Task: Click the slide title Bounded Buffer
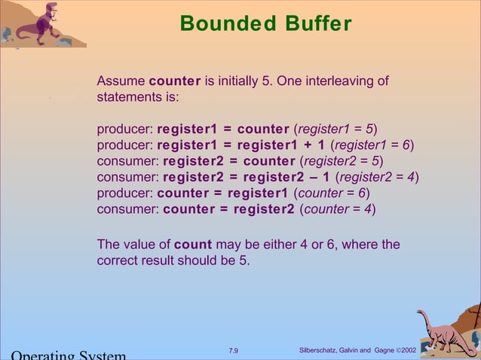(x=265, y=24)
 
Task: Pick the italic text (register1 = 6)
(x=372, y=145)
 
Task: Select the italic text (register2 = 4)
(x=377, y=178)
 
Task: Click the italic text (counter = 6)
(x=331, y=194)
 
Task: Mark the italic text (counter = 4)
(x=337, y=209)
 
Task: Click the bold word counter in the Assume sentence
(x=175, y=81)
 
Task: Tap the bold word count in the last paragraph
(x=193, y=245)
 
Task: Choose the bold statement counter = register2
(x=229, y=209)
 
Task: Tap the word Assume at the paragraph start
(x=121, y=81)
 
